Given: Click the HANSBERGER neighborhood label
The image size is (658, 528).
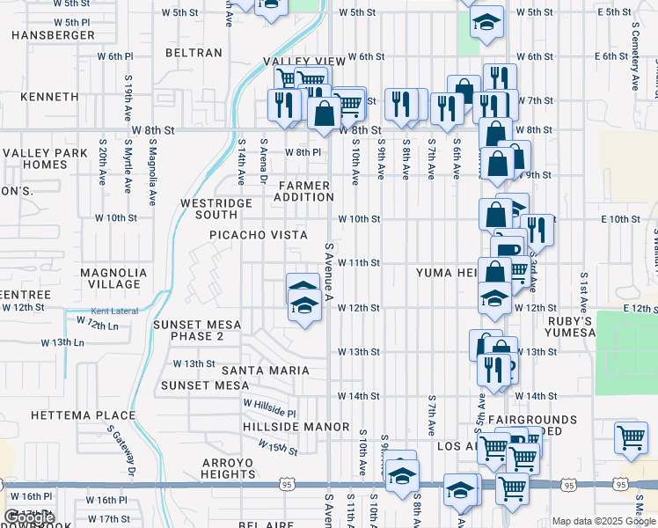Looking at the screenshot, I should coord(53,35).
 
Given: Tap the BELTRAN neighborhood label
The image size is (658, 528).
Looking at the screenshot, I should coord(194,53).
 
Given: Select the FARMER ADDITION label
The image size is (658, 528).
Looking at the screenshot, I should coord(304,191).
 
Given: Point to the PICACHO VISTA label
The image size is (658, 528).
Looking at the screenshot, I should coord(258,235).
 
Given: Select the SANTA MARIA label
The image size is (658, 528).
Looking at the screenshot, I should coord(265,370).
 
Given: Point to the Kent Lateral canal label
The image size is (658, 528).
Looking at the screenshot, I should coord(114,312).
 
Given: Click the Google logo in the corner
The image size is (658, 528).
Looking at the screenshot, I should coord(30,518).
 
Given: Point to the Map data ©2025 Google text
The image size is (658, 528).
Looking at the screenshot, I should coord(603,521).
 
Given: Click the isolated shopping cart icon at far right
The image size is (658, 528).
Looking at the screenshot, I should coord(631,437).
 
